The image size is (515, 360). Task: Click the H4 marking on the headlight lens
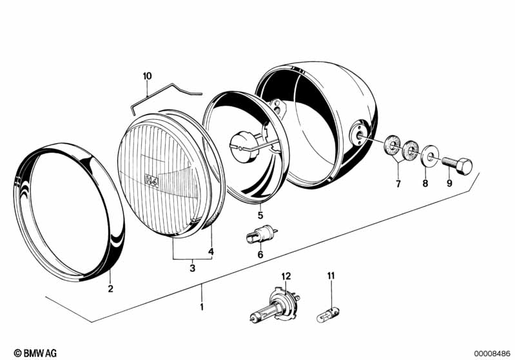(151, 180)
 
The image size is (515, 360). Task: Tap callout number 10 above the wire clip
(148, 76)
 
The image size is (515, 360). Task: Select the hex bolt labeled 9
(457, 165)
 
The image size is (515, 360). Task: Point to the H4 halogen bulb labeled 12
(275, 307)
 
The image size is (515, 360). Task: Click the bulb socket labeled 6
(262, 234)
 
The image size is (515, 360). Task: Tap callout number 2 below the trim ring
(111, 289)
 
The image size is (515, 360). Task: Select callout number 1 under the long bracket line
(202, 307)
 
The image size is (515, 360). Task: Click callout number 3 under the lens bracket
(193, 268)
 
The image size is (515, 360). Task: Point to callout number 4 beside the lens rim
(211, 252)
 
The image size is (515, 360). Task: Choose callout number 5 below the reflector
(260, 216)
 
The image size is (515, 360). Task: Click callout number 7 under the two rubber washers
(398, 184)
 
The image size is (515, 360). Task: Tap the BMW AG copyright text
(35, 353)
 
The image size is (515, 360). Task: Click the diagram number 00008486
(492, 354)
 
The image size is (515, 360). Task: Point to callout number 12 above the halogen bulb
(286, 276)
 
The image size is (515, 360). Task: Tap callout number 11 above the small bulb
(331, 276)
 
